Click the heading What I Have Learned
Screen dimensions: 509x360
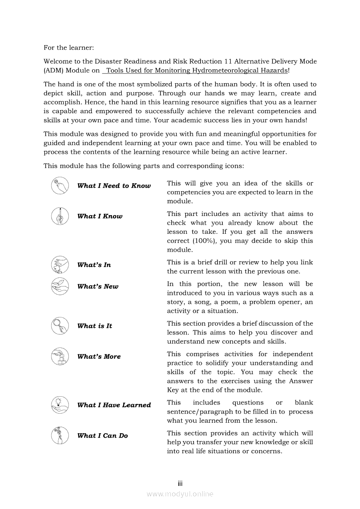point(114,405)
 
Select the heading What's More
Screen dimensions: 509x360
point(99,357)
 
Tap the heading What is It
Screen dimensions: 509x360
point(95,326)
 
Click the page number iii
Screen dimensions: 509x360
point(180,484)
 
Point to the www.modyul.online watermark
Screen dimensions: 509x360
point(180,494)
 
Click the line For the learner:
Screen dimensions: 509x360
point(69,47)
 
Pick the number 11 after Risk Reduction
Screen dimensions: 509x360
point(229,61)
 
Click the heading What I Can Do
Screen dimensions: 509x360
point(102,435)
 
